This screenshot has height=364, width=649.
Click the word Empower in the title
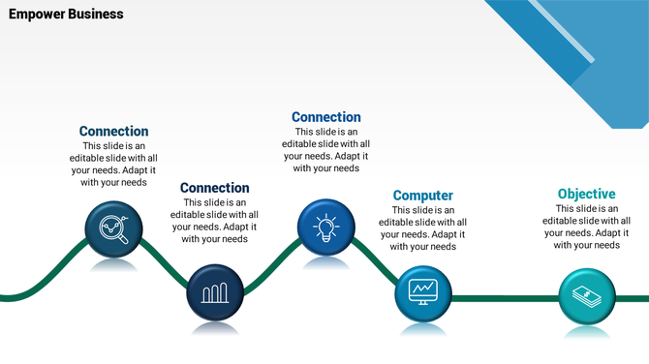[35, 15]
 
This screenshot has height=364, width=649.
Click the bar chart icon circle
[214, 291]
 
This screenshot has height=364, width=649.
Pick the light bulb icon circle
[325, 227]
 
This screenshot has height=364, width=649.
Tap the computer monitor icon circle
[423, 291]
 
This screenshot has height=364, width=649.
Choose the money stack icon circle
[587, 295]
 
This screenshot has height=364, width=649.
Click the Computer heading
[422, 196]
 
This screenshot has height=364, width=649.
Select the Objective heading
[586, 194]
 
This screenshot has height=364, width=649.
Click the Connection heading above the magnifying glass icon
[113, 132]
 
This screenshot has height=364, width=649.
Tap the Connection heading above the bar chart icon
[214, 188]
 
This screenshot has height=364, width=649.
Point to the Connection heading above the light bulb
[325, 117]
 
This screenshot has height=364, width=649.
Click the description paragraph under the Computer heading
[422, 227]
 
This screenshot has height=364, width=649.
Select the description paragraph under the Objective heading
[586, 227]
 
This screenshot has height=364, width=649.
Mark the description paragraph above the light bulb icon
[325, 150]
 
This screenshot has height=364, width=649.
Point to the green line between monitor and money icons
[504, 298]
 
